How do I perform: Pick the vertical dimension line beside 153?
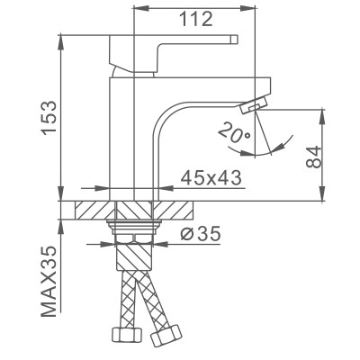(62, 117)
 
